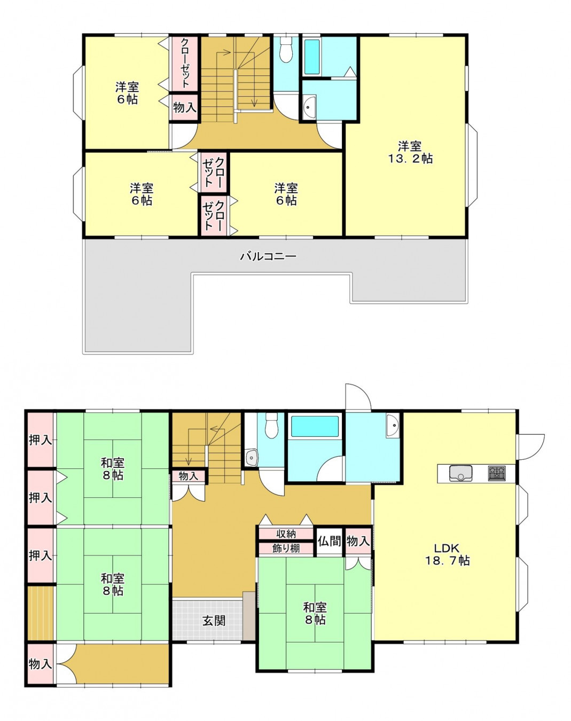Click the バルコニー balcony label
268,257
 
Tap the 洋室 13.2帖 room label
410,152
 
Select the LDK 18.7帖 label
447,554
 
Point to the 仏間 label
329,541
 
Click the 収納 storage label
286,534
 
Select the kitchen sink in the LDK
461,473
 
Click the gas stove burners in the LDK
497,473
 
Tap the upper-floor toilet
286,49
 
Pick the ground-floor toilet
271,425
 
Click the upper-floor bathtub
312,57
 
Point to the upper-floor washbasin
309,107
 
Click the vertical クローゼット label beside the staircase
185,63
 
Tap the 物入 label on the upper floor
185,107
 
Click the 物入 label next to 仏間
358,541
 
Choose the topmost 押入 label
41,440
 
